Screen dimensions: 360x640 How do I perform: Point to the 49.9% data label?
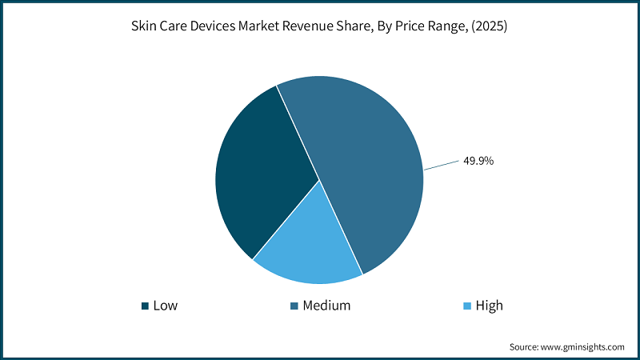478,161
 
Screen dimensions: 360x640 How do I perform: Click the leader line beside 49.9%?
440,166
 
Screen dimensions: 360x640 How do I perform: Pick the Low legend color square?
145,306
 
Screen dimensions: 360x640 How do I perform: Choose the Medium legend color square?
294,306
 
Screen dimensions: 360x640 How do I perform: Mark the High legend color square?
467,306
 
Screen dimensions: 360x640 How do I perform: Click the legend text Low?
166,306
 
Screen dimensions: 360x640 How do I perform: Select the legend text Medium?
326,306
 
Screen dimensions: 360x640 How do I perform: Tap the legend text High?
489,306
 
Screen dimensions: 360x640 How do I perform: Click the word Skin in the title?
145,26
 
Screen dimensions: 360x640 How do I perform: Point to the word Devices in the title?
213,26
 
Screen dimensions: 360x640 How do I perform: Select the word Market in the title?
264,26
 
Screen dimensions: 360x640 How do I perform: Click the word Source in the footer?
526,346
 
